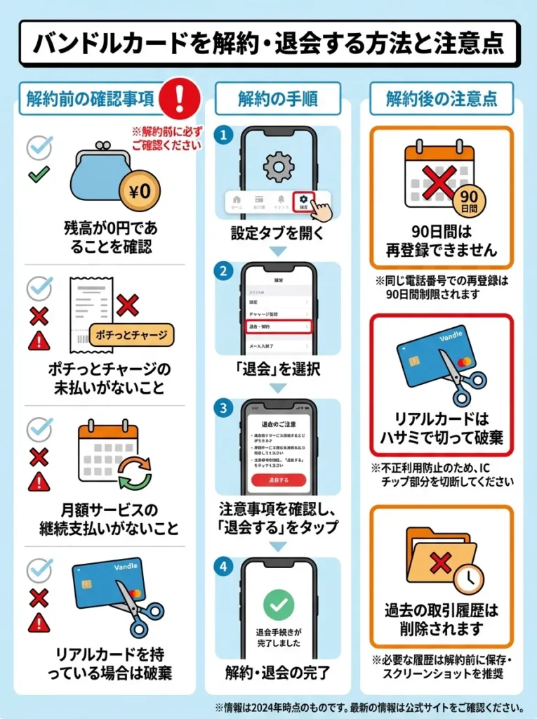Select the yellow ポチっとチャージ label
[131, 334]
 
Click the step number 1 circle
[223, 135]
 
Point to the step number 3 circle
[223, 407]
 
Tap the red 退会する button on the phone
[279, 480]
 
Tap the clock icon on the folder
[468, 579]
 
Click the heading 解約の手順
[278, 98]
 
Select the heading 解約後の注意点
[442, 98]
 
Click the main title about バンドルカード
[269, 43]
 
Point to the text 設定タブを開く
[278, 233]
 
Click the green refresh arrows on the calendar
[134, 472]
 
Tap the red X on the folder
[440, 562]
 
